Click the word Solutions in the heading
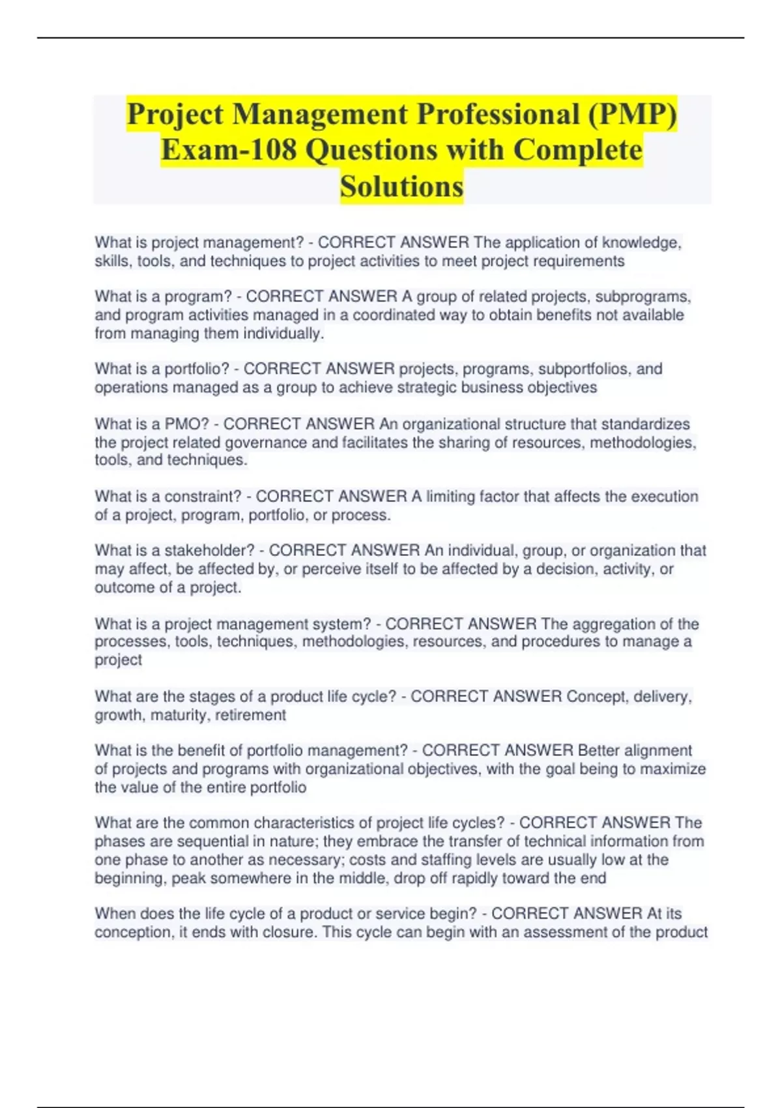coord(401,187)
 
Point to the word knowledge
coord(641,242)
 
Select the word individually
coord(283,334)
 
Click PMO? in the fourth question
coord(186,424)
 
